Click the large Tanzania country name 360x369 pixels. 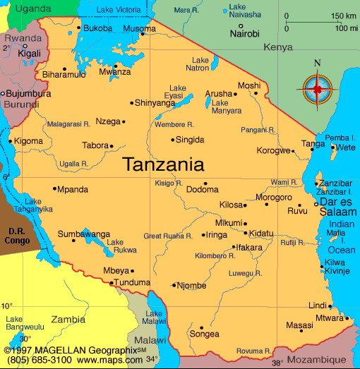pyautogui.click(x=163, y=165)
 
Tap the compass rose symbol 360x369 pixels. pyautogui.click(x=317, y=89)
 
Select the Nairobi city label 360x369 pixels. pyautogui.click(x=244, y=33)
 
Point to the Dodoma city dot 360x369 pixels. pyautogui.click(x=205, y=182)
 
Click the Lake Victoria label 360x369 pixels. pyautogui.click(x=119, y=10)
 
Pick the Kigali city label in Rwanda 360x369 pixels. pyautogui.click(x=29, y=53)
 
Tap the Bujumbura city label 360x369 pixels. pyautogui.click(x=28, y=93)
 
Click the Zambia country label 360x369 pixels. pyautogui.click(x=68, y=319)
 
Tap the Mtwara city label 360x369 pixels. pyautogui.click(x=328, y=318)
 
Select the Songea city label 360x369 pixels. pyautogui.click(x=205, y=334)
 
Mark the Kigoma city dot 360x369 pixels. pyautogui.click(x=11, y=140)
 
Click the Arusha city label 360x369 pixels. pyautogui.click(x=218, y=94)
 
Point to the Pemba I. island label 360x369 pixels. pyautogui.click(x=340, y=138)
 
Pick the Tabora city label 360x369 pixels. pyautogui.click(x=95, y=146)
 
